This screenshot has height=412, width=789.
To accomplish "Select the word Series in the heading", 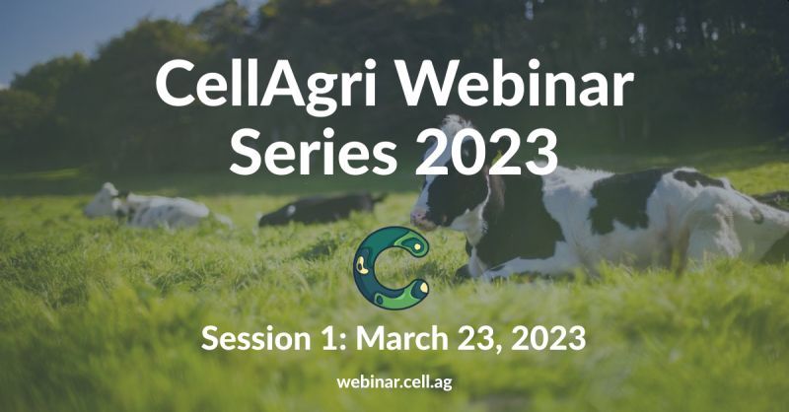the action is click(x=313, y=152).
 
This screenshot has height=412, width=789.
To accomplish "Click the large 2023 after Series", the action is click(x=486, y=152).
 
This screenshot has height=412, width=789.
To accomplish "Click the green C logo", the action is click(x=362, y=267).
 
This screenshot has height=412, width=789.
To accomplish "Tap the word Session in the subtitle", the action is click(x=256, y=338).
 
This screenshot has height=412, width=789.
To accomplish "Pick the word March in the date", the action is click(x=401, y=338).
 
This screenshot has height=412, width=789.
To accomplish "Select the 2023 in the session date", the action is click(x=548, y=338).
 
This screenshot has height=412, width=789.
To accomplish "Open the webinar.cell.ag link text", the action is click(x=394, y=381).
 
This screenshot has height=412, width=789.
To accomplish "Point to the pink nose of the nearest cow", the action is click(x=418, y=218).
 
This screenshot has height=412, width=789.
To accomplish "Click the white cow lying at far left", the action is click(x=151, y=207).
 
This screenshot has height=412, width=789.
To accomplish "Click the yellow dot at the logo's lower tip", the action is click(x=424, y=287).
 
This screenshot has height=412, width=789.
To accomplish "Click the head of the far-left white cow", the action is click(x=103, y=200).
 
